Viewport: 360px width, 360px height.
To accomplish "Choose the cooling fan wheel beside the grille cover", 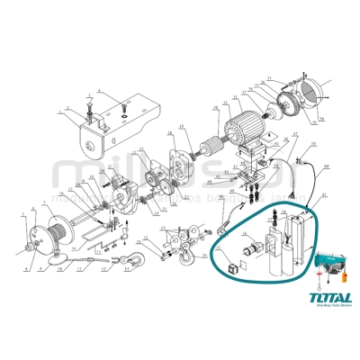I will pyautogui.click(x=289, y=104).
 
